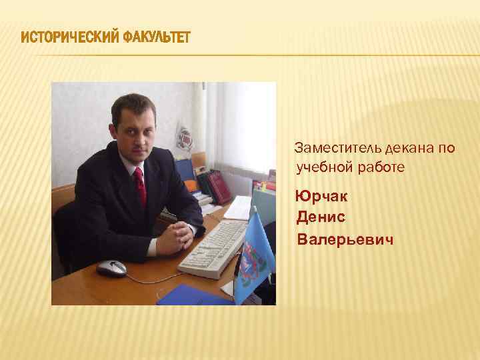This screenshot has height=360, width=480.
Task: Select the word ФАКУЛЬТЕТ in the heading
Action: [x=156, y=36]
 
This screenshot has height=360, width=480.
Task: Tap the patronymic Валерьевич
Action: [x=345, y=238]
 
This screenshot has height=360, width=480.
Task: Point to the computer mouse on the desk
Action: [x=111, y=268]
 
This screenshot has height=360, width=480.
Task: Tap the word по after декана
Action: [x=446, y=147]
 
